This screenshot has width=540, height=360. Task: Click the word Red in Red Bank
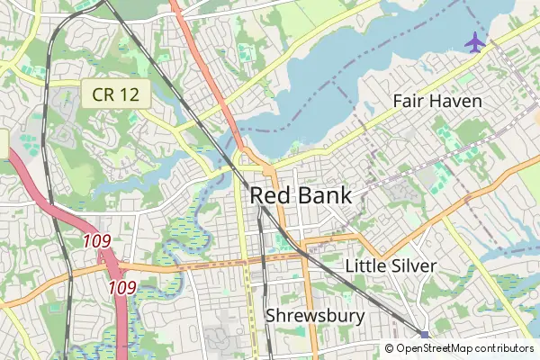(268, 195)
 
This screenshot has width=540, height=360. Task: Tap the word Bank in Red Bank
(320, 195)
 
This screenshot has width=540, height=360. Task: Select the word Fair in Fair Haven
(409, 101)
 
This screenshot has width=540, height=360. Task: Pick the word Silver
(413, 265)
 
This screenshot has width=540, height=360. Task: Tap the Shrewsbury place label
(315, 316)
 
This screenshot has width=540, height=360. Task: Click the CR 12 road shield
(108, 94)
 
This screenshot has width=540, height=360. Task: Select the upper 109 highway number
(96, 241)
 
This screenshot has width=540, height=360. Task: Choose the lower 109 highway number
(121, 288)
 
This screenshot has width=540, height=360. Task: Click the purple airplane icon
(473, 41)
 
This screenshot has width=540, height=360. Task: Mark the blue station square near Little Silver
(425, 335)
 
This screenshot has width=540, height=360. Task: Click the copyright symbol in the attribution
(390, 348)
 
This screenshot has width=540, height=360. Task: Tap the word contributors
(504, 348)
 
